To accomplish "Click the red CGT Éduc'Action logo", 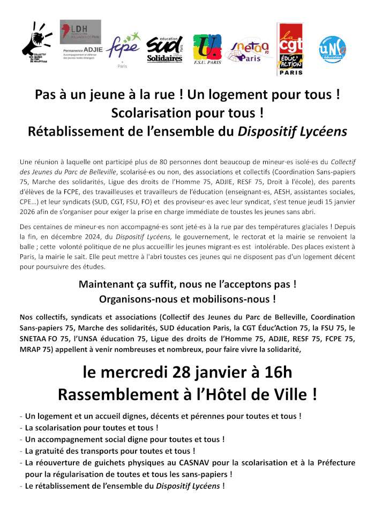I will (290, 49).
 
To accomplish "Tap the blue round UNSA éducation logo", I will (332, 49).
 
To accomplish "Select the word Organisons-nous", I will (134, 298).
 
